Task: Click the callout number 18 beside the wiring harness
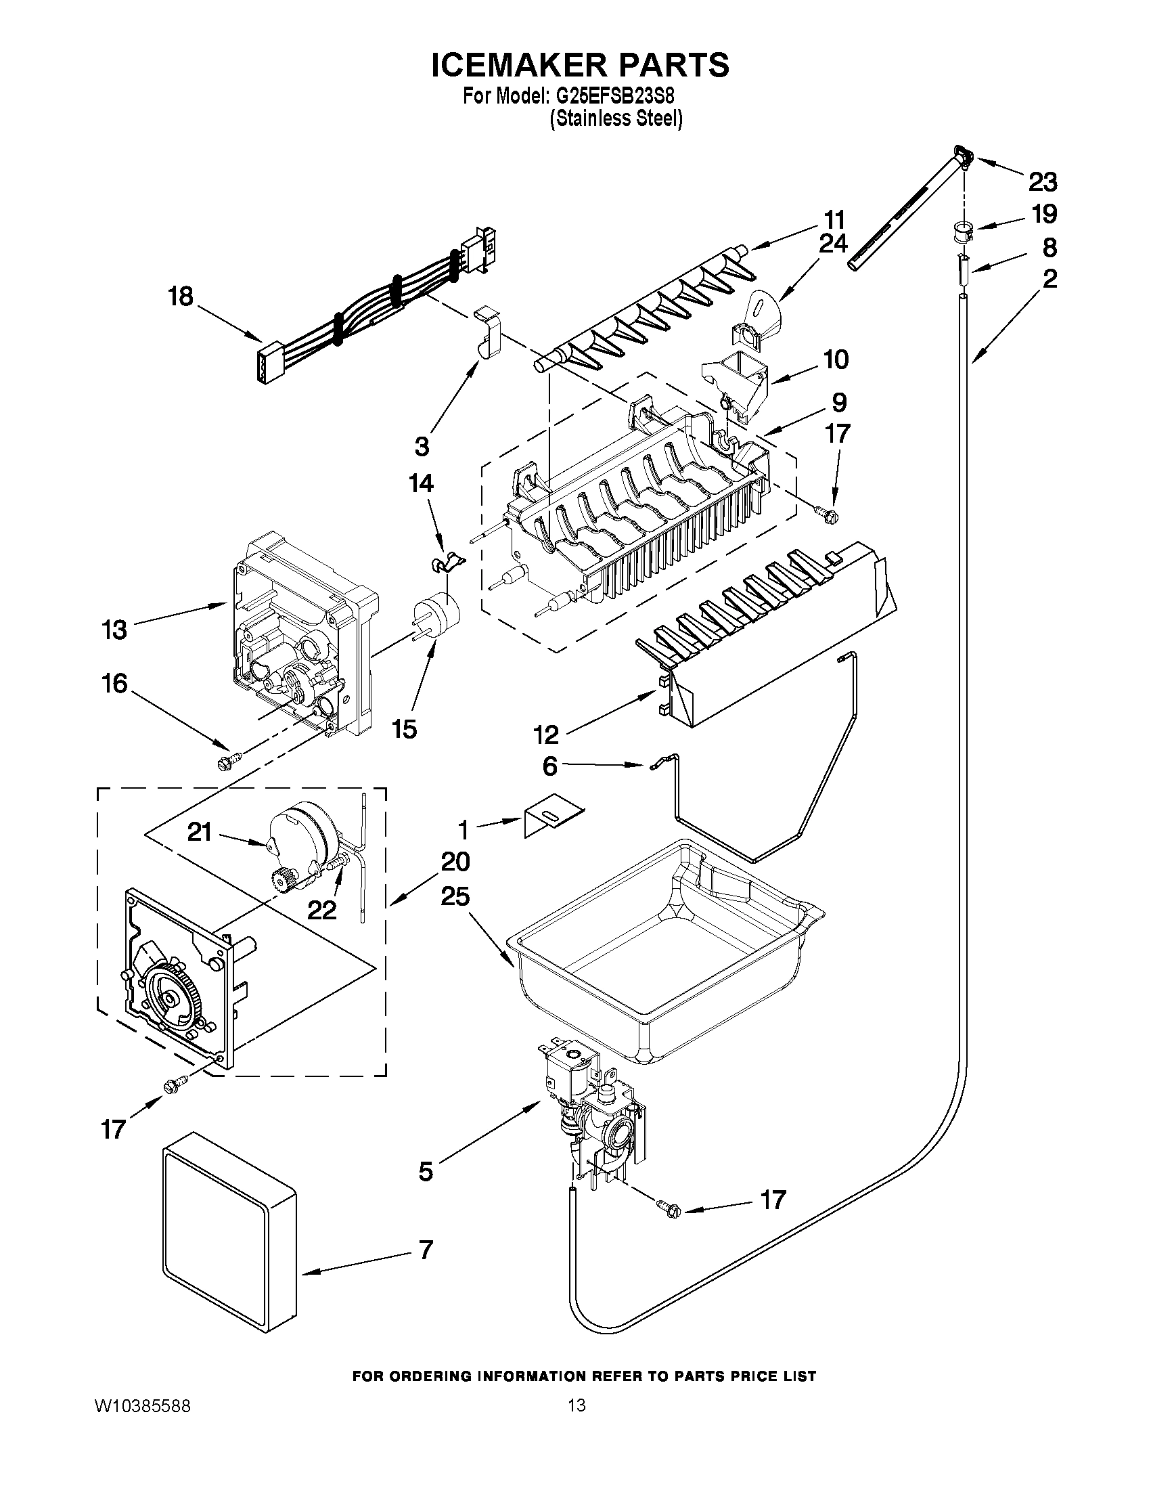point(181,297)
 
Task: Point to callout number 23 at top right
point(1043,182)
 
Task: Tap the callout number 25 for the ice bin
point(455,896)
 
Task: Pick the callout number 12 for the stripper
point(546,734)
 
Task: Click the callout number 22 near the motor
point(321,909)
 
